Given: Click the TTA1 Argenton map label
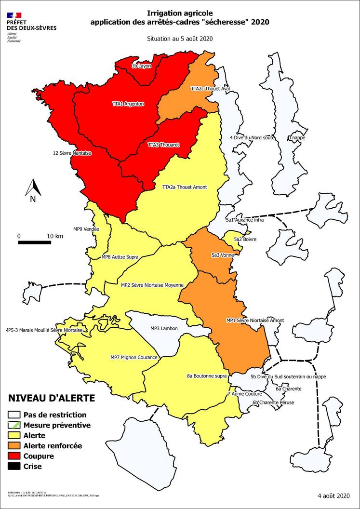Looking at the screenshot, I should click(128, 104).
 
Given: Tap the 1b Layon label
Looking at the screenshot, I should click(142, 66).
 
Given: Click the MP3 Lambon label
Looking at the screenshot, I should click(163, 329).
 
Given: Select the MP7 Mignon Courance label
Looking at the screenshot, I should click(134, 357).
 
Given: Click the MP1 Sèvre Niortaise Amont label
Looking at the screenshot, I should click(255, 320).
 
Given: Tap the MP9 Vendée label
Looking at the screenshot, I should click(86, 229).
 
